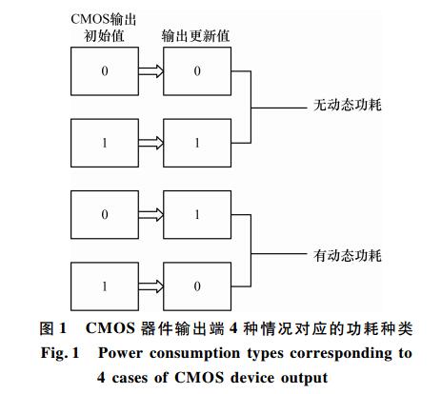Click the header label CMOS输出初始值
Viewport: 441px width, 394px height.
click(104, 28)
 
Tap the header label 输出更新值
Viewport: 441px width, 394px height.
click(195, 35)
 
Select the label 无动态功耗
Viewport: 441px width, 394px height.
click(348, 105)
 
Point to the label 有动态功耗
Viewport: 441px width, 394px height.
click(348, 255)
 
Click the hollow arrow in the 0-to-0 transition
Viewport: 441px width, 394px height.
click(151, 71)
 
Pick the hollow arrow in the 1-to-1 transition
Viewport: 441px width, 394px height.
click(151, 143)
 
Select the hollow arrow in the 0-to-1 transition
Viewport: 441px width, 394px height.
click(151, 215)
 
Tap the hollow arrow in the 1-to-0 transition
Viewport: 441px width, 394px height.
click(151, 286)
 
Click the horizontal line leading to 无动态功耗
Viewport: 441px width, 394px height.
click(279, 108)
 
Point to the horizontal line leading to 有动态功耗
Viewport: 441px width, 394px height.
click(279, 254)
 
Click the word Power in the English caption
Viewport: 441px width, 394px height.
click(120, 353)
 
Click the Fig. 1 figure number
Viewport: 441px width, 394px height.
click(60, 353)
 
